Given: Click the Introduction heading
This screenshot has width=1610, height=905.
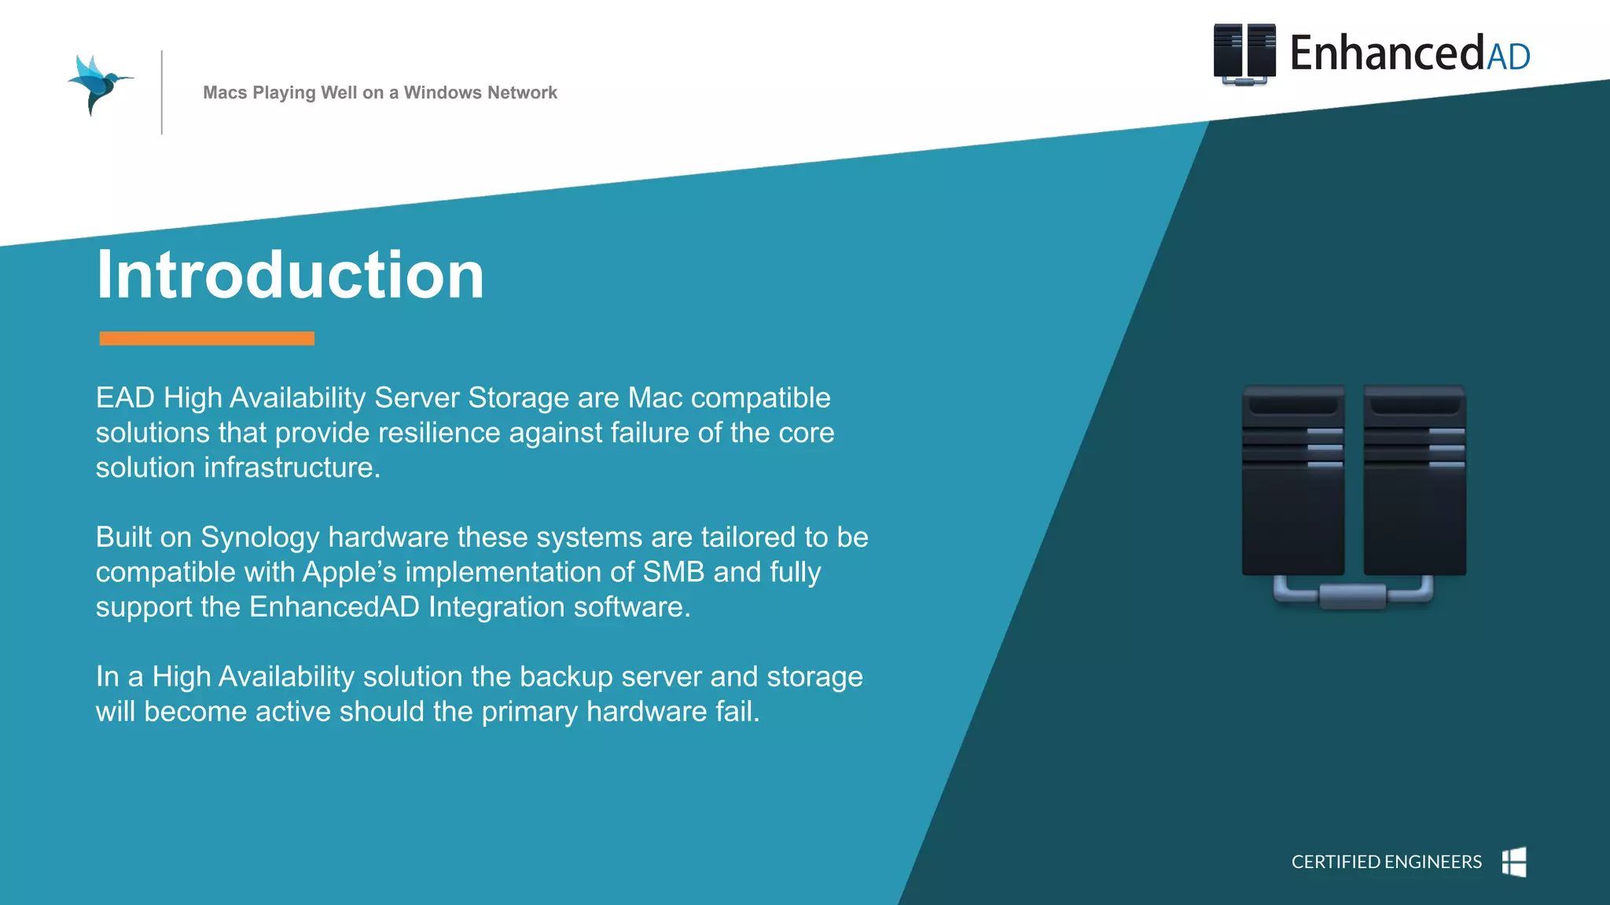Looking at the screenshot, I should pos(290,275).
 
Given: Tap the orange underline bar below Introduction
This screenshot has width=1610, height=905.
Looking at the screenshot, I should pos(207,339).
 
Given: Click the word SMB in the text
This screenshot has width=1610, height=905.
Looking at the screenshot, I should pos(673,572).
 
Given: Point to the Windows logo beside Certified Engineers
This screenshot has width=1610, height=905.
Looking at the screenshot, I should pos(1514,862).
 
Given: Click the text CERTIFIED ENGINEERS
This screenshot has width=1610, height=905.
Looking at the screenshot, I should pos(1386,862).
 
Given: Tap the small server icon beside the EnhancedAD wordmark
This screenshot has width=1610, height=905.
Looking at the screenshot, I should pos(1244,53).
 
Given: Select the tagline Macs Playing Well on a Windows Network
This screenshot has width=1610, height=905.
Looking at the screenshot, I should pos(380,93).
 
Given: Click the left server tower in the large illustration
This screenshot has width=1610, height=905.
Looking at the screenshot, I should pos(1293,481).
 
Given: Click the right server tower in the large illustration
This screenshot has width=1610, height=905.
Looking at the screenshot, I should pos(1414,481).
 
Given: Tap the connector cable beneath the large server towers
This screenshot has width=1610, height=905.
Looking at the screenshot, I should pos(1353,595).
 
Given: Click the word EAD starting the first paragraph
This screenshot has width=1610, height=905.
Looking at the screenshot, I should pos(125,398).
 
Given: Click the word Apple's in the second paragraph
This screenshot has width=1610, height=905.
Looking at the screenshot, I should pos(349,572).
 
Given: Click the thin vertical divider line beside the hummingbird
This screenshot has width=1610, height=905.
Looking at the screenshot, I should pos(162,93).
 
